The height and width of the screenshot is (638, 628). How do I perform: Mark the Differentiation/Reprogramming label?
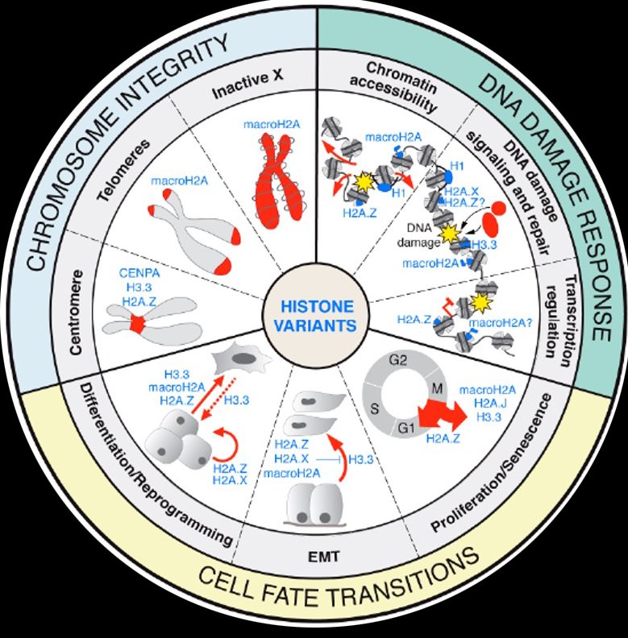153,467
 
